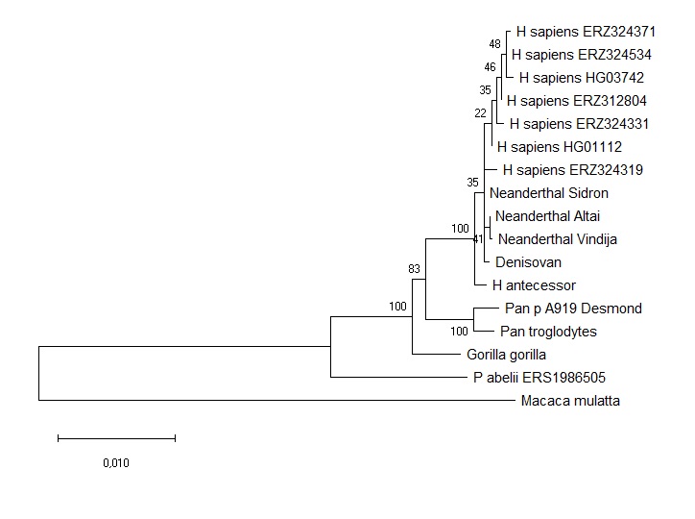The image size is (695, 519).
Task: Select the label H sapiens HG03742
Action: coord(574,78)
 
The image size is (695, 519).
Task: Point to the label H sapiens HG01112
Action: coord(560,147)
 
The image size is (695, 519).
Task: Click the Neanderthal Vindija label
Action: coord(558,239)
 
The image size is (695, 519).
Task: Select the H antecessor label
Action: coord(534,285)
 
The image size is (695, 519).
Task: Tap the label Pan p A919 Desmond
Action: coord(573,309)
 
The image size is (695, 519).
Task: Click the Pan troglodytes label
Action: coord(548,332)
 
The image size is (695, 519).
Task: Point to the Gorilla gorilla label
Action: coord(506,355)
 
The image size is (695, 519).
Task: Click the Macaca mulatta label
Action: coord(569,401)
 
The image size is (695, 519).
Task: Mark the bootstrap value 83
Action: coord(415,269)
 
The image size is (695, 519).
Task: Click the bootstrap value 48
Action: coord(494,44)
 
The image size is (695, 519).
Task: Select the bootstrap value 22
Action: coord(480,113)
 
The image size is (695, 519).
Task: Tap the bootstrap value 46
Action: coord(491,67)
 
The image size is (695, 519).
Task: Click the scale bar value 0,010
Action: coord(116,463)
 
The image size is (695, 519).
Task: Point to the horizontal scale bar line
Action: coord(116,438)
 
